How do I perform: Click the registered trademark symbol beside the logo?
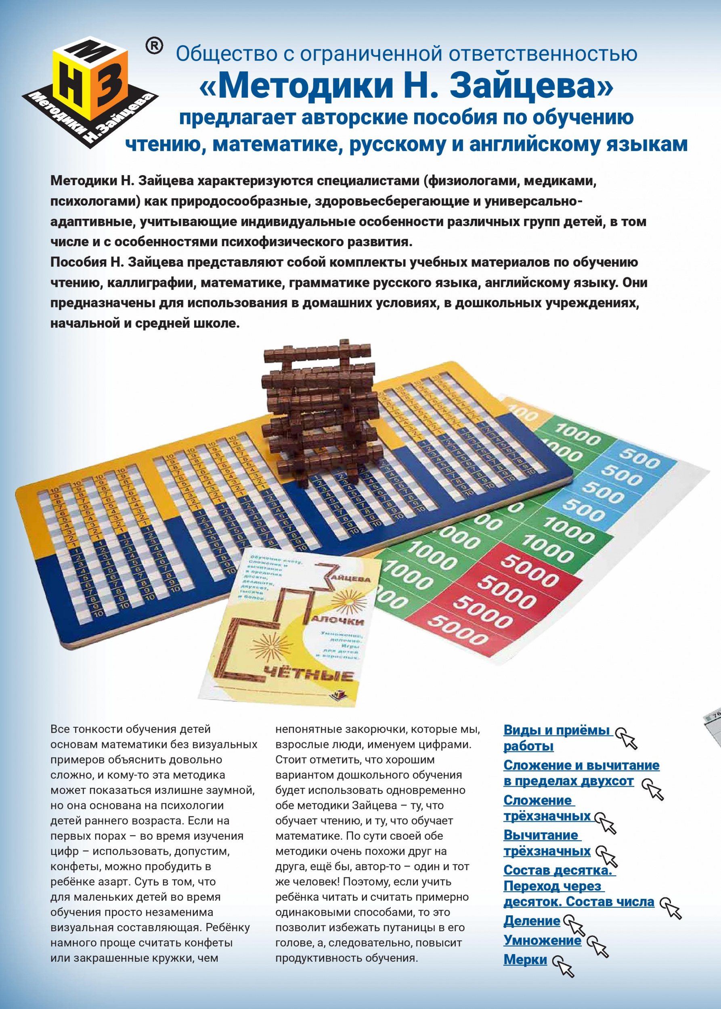coord(154,46)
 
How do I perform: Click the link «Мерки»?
coord(525,960)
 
